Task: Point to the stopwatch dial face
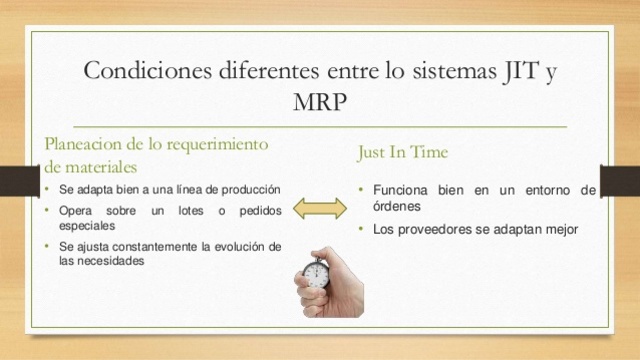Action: click(317, 273)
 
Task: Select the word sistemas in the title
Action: click(434, 72)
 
